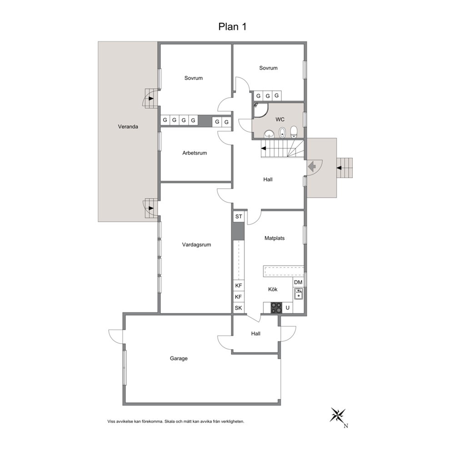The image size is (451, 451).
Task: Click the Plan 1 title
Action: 232,26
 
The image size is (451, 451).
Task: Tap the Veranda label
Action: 128,126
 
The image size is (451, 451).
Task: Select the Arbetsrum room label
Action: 195,153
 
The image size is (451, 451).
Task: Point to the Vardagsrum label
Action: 196,245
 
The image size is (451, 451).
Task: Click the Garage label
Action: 179,358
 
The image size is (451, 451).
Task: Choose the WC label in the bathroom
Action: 280,120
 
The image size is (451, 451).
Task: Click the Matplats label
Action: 275,238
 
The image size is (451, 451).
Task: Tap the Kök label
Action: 273,289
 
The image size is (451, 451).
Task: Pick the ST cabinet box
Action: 238,216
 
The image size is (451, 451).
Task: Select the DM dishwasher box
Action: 298,282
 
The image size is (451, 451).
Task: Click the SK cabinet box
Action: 238,308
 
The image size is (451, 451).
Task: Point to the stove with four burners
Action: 276,308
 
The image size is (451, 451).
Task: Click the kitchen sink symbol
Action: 299,294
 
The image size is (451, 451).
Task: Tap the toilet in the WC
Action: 294,132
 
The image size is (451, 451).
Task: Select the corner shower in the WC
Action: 261,110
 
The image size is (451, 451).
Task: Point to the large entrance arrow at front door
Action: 312,166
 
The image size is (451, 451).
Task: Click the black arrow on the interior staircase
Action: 264,148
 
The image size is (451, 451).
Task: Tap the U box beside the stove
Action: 287,308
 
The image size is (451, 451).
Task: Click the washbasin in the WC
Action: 269,134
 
